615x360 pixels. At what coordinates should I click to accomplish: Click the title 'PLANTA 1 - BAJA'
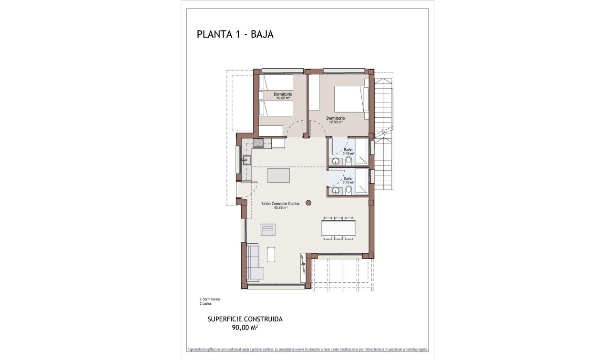pos(235,34)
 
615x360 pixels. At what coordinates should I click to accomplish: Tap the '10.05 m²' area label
pos(283,98)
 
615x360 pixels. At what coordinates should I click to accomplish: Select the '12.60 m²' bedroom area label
pos(335,122)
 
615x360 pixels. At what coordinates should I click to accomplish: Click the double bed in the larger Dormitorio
pos(349,103)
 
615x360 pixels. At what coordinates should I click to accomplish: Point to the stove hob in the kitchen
pos(258,143)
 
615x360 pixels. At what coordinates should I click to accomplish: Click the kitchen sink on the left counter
pos(247,160)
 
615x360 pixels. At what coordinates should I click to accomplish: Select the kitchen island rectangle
pos(278,175)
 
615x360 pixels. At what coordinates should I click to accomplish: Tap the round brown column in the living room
pos(308,203)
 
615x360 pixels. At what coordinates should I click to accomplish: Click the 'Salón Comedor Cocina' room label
pos(280,204)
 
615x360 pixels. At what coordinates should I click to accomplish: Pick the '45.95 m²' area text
pos(280,207)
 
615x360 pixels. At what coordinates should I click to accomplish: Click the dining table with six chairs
pos(338,227)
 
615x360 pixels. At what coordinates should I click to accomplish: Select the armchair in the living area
pos(267,230)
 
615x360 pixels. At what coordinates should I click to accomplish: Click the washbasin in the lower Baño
pos(336,191)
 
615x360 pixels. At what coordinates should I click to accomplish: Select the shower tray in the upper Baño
pos(362,152)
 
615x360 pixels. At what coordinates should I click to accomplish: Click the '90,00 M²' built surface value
pos(245,327)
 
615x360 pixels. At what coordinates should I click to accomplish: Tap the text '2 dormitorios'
pos(210,299)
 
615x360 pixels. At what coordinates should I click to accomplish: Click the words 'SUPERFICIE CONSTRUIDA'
pos(245,319)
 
